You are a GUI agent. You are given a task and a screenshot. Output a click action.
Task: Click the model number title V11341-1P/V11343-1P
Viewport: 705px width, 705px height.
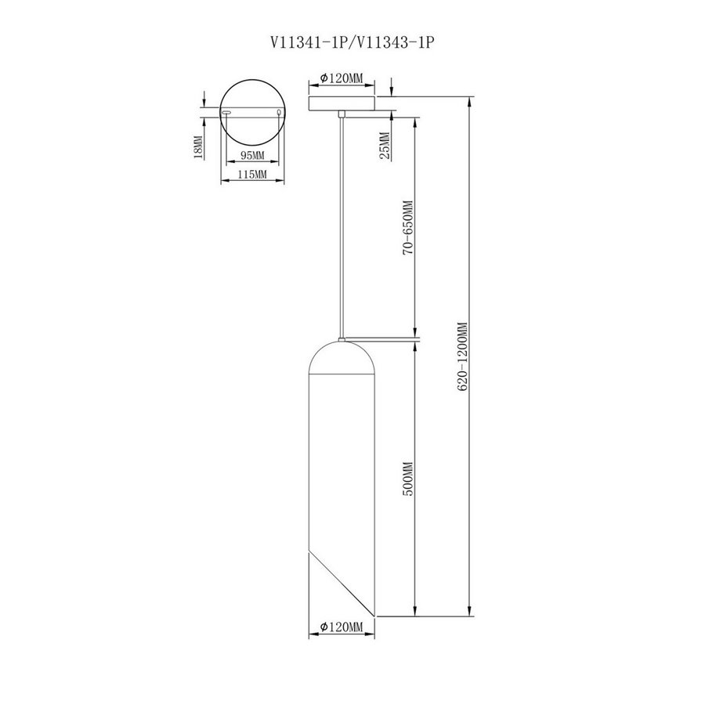[x=352, y=42]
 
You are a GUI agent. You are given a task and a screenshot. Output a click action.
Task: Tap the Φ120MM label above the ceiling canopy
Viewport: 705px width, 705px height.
[x=342, y=78]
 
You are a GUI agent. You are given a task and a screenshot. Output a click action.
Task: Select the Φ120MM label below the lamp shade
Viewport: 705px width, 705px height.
[x=342, y=627]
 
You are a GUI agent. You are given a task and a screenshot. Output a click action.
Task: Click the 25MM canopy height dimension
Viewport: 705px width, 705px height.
[x=385, y=146]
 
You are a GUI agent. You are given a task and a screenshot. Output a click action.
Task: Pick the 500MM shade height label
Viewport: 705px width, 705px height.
[x=408, y=479]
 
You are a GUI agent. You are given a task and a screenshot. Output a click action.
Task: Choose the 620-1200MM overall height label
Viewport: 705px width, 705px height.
[x=464, y=356]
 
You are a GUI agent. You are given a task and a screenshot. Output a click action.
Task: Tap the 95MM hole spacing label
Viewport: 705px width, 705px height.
[x=253, y=156]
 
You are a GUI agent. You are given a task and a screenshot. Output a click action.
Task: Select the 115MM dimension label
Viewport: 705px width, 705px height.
[x=252, y=175]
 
